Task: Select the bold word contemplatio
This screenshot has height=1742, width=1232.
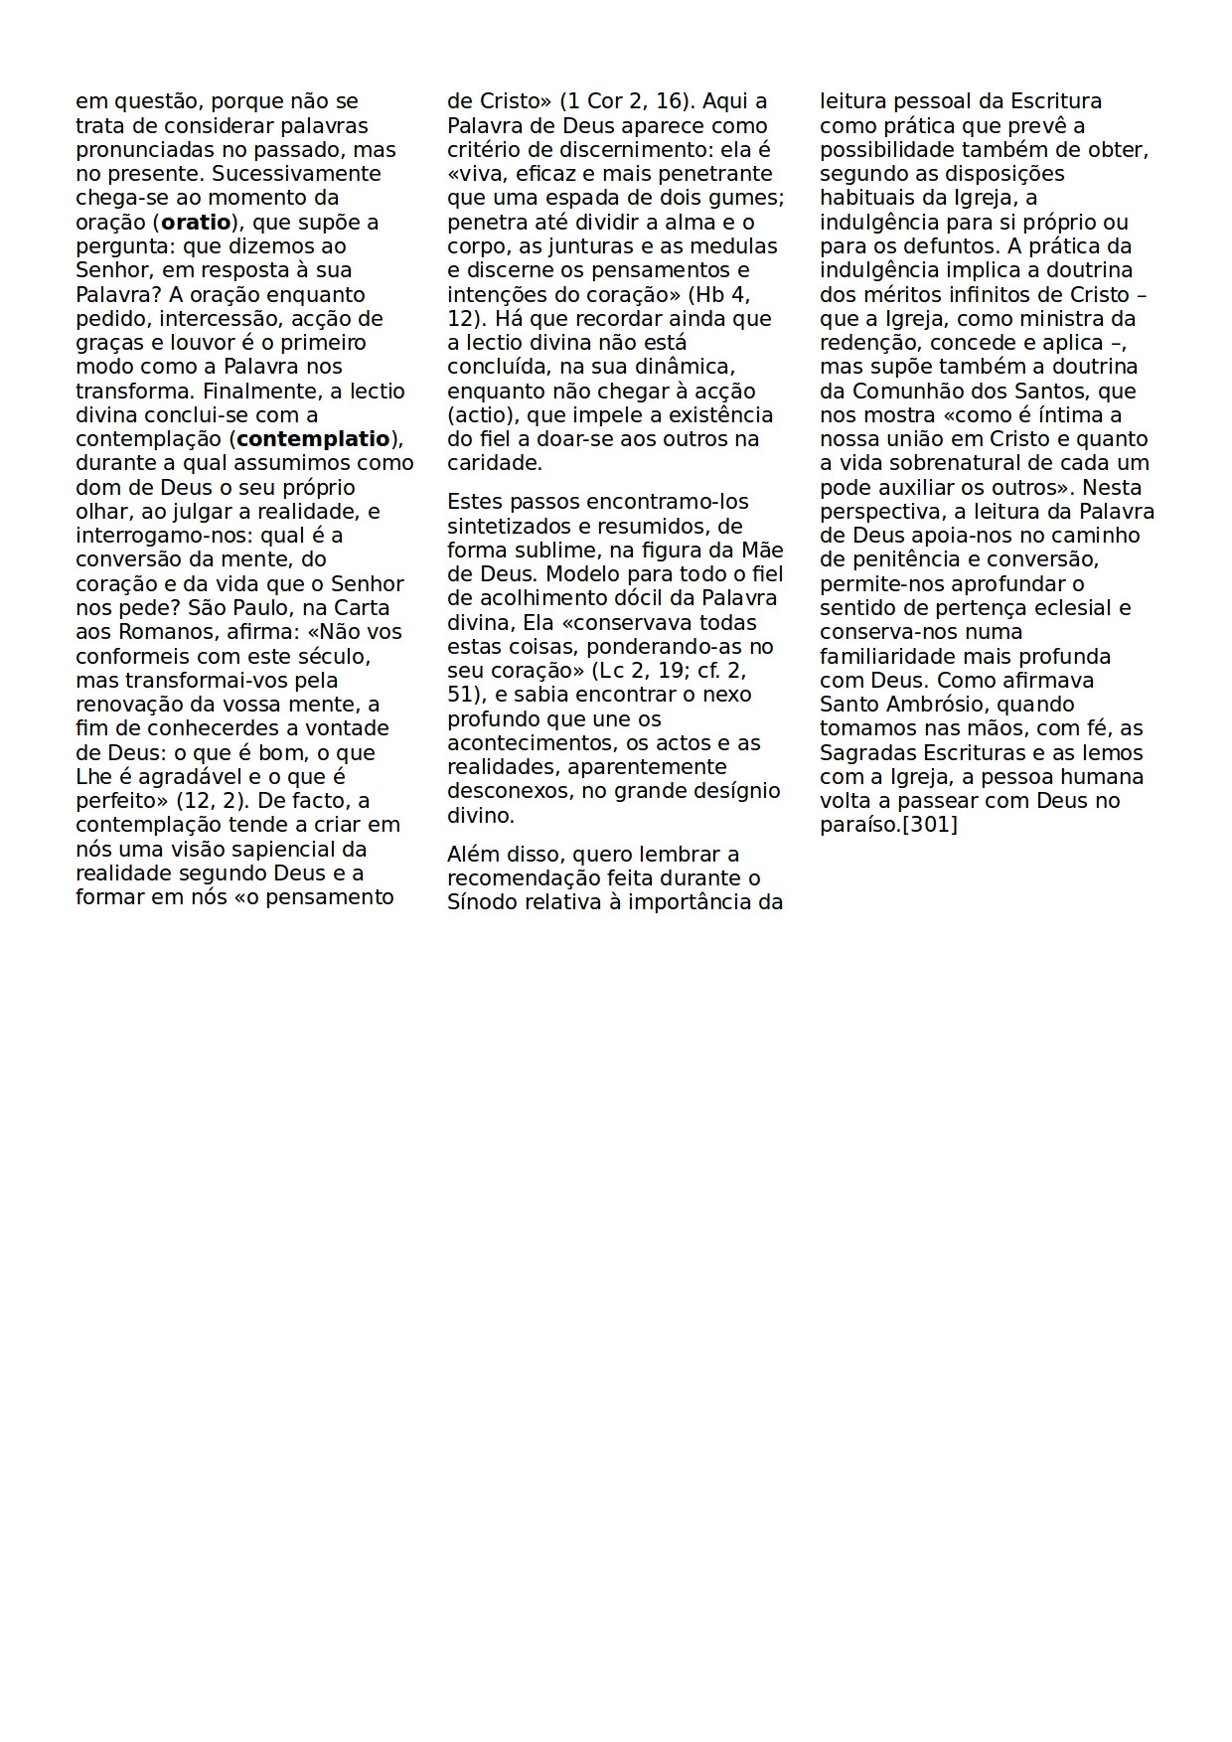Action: pyautogui.click(x=313, y=439)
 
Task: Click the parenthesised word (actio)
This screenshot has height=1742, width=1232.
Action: pyautogui.click(x=480, y=415)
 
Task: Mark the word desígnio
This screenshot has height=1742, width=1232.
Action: pyautogui.click(x=737, y=792)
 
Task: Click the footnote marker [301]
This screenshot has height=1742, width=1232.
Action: pyautogui.click(x=929, y=825)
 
